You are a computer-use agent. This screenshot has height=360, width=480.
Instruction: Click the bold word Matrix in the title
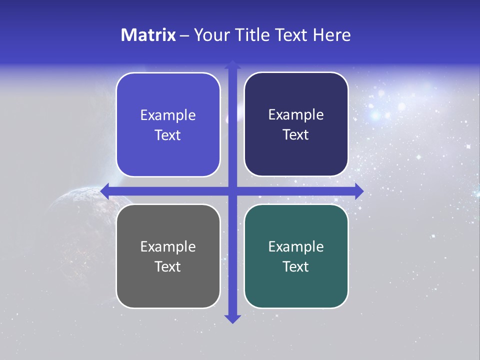coord(148,35)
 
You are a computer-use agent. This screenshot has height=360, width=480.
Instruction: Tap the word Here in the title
coord(331,35)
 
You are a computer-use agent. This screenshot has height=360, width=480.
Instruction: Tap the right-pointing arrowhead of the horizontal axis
coord(358,190)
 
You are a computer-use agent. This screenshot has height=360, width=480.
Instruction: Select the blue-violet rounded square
coord(168,125)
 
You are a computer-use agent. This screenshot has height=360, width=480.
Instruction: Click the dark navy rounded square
coord(296,124)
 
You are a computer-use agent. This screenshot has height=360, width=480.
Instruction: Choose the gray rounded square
coord(168,256)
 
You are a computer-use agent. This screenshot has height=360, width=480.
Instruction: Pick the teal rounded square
coord(296,256)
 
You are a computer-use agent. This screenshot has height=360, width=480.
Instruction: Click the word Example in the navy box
coord(296,115)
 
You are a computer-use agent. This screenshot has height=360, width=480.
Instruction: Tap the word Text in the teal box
coord(296,266)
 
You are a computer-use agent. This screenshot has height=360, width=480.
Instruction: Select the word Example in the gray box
coord(168,246)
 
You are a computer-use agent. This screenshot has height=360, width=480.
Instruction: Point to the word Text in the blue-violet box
coord(168,135)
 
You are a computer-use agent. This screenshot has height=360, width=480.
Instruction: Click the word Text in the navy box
coord(296,134)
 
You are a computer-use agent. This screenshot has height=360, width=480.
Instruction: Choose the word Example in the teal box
coord(296,246)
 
